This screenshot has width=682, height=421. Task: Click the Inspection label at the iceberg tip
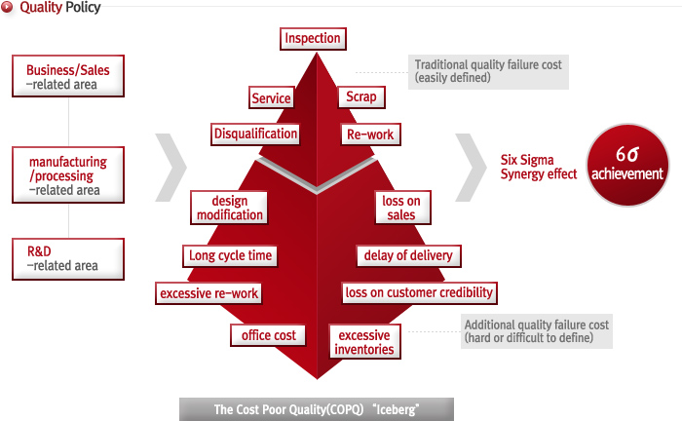313,39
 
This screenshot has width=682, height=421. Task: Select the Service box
271,97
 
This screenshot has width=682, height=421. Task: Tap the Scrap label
361,96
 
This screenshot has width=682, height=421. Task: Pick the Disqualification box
255,134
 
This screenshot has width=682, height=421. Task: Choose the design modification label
229,208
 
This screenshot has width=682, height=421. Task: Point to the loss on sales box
401,208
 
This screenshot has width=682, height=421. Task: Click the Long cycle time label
230,255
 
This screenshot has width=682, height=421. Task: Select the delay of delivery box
408,255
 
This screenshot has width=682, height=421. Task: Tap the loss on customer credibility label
419,292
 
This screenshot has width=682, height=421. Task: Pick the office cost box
268,335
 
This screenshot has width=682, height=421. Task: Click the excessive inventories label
364,342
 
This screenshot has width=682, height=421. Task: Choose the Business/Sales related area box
68,76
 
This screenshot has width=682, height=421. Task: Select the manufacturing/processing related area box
68,174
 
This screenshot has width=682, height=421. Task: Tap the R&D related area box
68,259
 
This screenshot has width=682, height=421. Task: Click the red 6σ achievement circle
627,165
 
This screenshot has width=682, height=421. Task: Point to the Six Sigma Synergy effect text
538,167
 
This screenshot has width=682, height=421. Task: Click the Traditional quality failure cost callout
488,72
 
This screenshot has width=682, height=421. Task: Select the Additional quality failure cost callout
537,331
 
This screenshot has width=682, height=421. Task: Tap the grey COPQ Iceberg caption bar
317,409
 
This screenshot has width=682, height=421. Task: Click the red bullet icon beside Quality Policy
7,8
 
